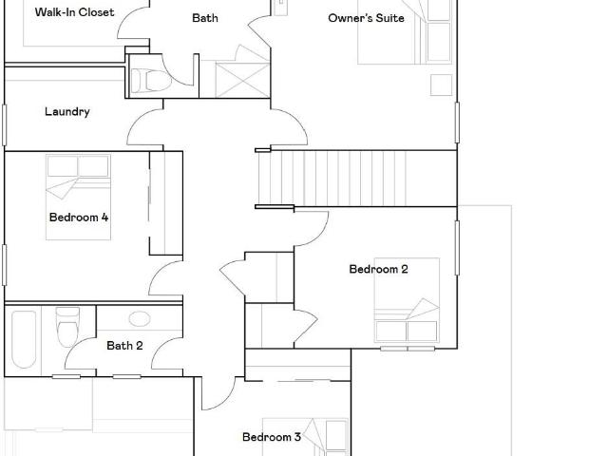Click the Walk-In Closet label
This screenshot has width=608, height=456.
click(x=74, y=12)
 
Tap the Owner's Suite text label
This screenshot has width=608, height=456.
click(x=366, y=18)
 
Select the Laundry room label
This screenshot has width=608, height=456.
click(x=67, y=112)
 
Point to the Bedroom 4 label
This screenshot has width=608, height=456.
click(x=79, y=218)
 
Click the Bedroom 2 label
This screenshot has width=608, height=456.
click(x=378, y=269)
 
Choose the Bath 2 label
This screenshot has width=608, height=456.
click(x=124, y=346)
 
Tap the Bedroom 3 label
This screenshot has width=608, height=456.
click(x=272, y=437)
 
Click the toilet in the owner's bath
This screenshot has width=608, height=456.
click(x=151, y=81)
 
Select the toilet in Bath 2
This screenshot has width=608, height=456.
click(x=67, y=327)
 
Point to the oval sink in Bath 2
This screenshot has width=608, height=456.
click(x=140, y=319)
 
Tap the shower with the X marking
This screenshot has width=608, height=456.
click(x=242, y=80)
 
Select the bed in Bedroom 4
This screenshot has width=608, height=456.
click(x=78, y=197)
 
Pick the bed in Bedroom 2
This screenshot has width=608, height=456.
click(x=407, y=300)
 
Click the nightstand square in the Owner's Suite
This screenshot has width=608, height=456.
click(x=441, y=85)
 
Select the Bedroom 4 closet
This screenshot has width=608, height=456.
click(x=166, y=203)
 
